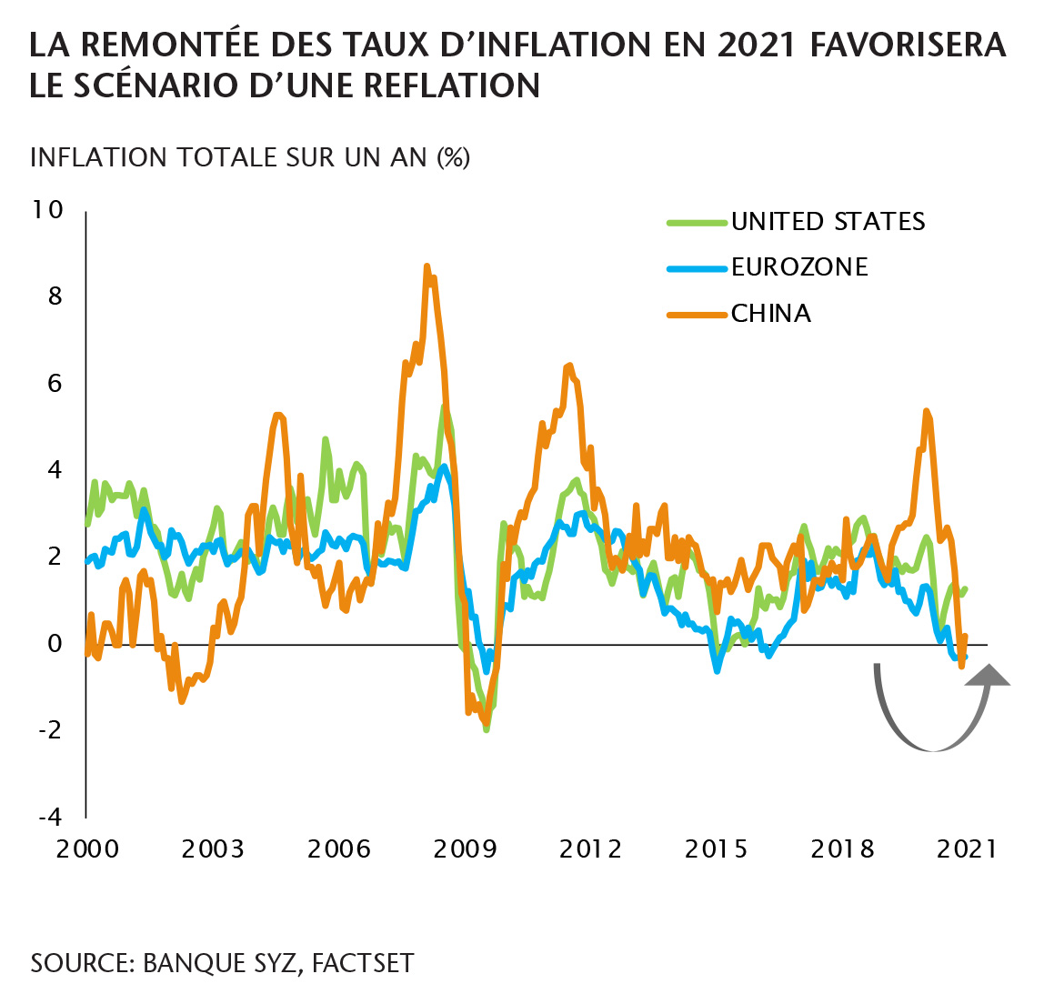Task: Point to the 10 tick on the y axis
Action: [47, 210]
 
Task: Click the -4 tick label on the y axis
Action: [51, 816]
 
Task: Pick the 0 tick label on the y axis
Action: [55, 643]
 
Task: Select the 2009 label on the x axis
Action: [465, 849]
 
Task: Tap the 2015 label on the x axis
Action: [717, 849]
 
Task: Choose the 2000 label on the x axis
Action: [87, 849]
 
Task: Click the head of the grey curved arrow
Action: [989, 673]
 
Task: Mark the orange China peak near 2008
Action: [427, 266]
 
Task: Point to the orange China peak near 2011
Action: [569, 366]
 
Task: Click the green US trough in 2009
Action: [487, 729]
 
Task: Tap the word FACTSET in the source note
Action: [363, 963]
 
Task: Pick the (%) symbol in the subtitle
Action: [454, 157]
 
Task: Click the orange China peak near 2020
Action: [926, 411]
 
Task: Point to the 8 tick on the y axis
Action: [55, 296]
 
